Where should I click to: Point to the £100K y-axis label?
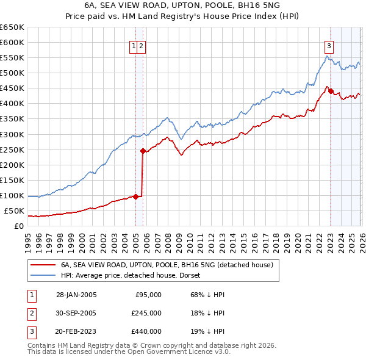point(12,196)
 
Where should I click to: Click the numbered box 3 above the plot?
point(329,45)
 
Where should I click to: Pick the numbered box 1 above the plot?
point(133,45)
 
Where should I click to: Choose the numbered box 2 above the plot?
point(141,45)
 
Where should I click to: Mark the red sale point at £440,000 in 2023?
point(331,91)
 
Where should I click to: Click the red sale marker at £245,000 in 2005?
point(143,151)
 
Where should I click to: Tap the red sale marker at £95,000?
point(135,196)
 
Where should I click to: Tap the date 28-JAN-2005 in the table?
point(76,294)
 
